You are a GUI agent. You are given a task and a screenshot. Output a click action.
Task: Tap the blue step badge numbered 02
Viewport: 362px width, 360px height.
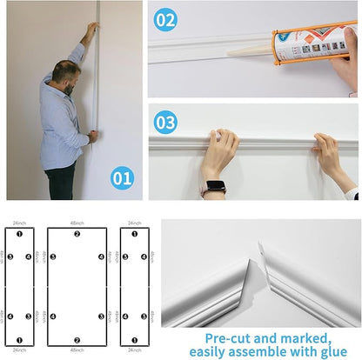click(x=165, y=19)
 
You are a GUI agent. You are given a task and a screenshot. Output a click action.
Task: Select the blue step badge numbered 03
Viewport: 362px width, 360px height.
click(x=165, y=123)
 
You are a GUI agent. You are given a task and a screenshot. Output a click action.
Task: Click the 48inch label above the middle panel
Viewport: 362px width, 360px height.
click(x=77, y=223)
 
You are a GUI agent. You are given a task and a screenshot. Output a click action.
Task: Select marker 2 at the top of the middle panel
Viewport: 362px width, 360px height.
click(x=77, y=235)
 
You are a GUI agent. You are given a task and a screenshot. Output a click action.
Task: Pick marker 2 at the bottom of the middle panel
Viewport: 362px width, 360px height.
click(x=77, y=339)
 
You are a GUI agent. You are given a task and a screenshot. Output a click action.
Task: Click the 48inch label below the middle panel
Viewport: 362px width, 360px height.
click(x=77, y=350)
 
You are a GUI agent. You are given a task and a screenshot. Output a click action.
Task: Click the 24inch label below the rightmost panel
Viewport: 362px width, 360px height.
click(x=133, y=350)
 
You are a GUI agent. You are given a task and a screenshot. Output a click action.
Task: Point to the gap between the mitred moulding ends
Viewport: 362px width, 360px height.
click(x=261, y=256)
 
